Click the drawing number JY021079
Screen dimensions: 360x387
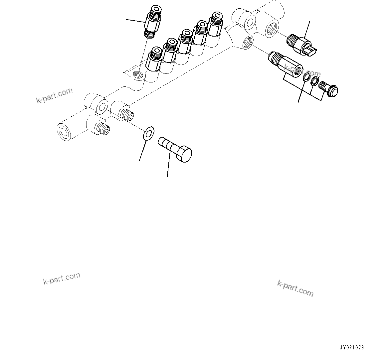point(351,348)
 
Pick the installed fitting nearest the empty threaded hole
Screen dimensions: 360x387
point(154,60)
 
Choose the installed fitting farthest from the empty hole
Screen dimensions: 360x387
point(216,24)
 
